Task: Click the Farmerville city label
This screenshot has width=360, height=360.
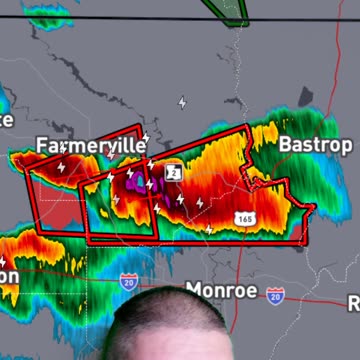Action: click(x=90, y=146)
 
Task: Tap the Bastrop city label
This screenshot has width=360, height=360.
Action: click(x=315, y=145)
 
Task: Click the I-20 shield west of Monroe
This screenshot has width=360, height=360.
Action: click(x=128, y=283)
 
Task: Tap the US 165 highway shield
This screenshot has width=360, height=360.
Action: click(x=245, y=217)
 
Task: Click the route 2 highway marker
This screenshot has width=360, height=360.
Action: click(x=173, y=172)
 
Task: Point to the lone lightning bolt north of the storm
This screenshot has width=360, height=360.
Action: click(x=182, y=102)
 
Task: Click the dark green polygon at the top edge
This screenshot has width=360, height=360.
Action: click(x=228, y=9)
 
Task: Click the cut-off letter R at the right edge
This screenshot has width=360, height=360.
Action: click(x=353, y=303)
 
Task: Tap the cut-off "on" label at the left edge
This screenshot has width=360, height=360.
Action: click(x=8, y=274)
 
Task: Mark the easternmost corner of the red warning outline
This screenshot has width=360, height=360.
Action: click(x=315, y=207)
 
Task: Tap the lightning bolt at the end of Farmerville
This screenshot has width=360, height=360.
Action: click(x=147, y=138)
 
